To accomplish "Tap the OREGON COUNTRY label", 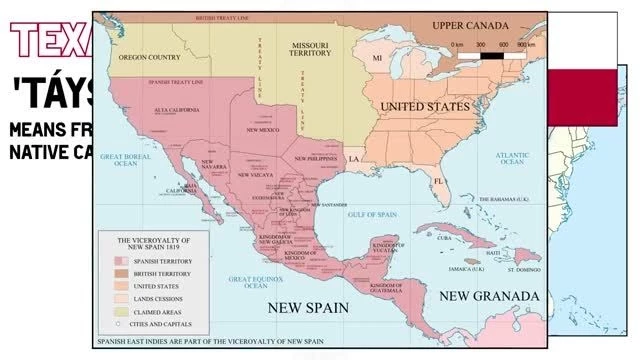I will pyautogui.click(x=149, y=58).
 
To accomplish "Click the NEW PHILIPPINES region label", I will pyautogui.click(x=317, y=158).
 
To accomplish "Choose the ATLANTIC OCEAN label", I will pyautogui.click(x=512, y=159).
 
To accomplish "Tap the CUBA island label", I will pyautogui.click(x=445, y=238).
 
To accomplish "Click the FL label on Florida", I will pyautogui.click(x=437, y=182).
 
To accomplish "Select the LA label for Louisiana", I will pyautogui.click(x=353, y=159).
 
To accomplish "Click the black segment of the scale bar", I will pyautogui.click(x=491, y=55).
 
